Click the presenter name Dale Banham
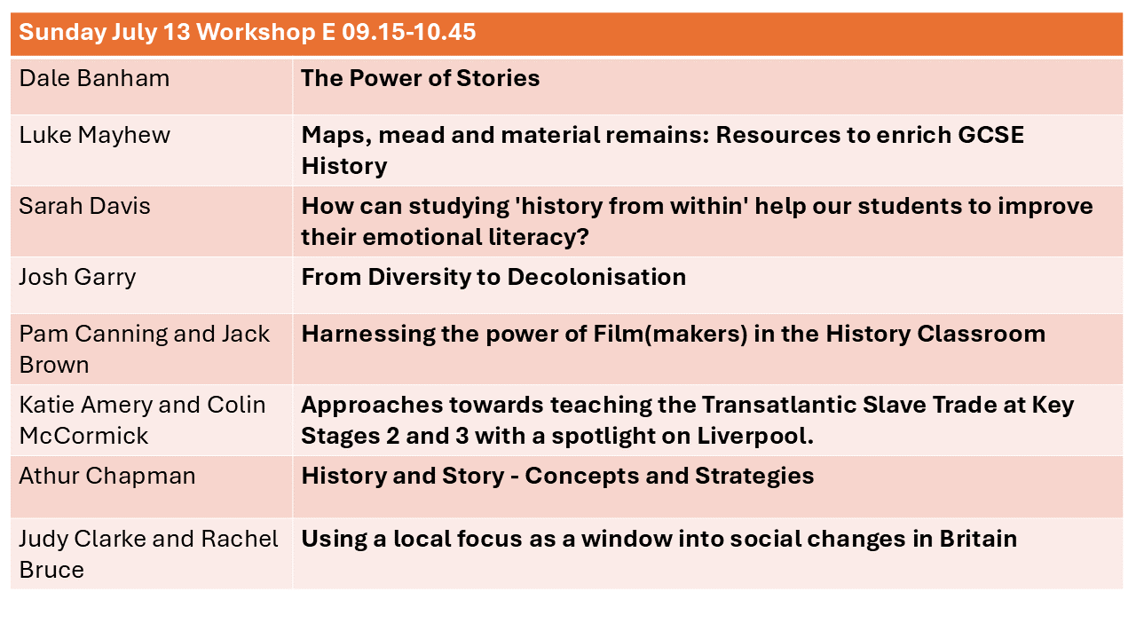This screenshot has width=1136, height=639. (x=94, y=78)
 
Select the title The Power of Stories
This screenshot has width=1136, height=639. (x=421, y=78)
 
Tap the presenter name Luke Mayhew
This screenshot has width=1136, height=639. (x=95, y=136)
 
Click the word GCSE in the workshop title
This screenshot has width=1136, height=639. (x=990, y=135)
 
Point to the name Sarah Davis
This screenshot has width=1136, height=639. (x=84, y=206)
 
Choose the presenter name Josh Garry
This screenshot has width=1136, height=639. (x=77, y=278)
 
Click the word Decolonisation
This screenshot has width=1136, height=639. (x=596, y=277)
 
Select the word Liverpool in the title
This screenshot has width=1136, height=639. (x=755, y=436)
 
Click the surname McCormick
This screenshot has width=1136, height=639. (x=83, y=436)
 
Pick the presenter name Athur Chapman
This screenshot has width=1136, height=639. (x=107, y=476)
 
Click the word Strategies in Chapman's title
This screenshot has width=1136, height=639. (x=754, y=477)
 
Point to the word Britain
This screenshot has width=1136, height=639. (x=978, y=539)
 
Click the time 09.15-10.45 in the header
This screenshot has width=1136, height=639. (x=409, y=32)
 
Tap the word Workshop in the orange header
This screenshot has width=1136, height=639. (x=256, y=33)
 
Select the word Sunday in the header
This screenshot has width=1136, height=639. (x=61, y=33)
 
